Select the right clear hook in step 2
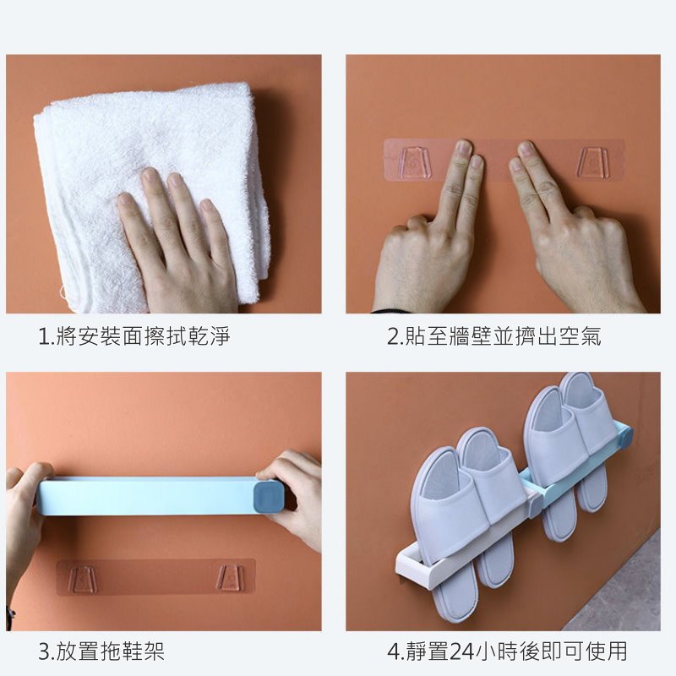(592, 163)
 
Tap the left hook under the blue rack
(83, 579)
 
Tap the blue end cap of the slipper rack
(625, 437)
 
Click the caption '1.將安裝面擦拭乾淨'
(134, 336)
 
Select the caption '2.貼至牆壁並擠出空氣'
(493, 336)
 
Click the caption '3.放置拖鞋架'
(101, 651)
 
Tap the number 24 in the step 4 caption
(461, 651)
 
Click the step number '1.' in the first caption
(46, 336)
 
